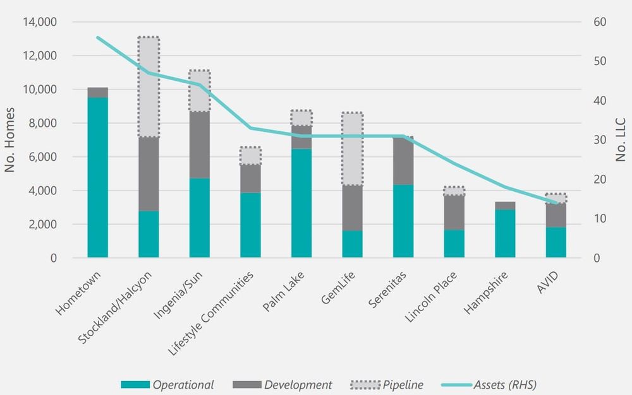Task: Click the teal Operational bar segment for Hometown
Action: (x=97, y=177)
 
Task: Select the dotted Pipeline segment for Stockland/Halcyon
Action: (x=149, y=87)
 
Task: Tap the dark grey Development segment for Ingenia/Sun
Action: (x=200, y=144)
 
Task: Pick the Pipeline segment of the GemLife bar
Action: (x=352, y=149)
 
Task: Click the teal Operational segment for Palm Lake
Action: (x=301, y=203)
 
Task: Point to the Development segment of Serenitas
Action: (x=403, y=160)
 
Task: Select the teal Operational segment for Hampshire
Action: (x=505, y=233)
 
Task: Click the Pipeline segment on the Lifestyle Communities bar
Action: (x=250, y=156)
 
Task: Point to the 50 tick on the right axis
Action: (x=600, y=61)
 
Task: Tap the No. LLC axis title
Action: (x=621, y=140)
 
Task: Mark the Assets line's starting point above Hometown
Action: (x=97, y=37)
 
